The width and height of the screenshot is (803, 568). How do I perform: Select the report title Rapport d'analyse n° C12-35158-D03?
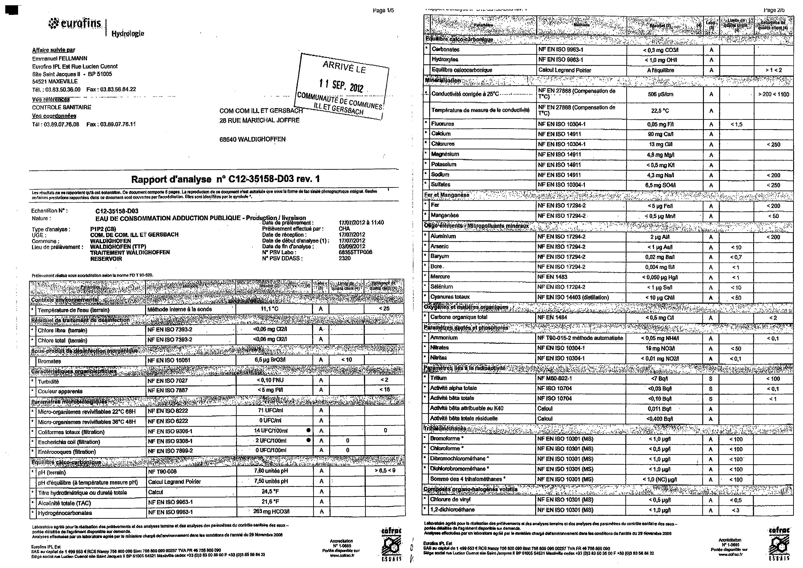pyautogui.click(x=225, y=179)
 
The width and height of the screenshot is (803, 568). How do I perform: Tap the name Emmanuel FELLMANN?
pyautogui.click(x=60, y=58)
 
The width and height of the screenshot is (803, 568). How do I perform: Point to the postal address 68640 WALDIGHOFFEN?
pyautogui.click(x=252, y=139)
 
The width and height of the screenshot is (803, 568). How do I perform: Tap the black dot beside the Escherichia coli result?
pyautogui.click(x=308, y=440)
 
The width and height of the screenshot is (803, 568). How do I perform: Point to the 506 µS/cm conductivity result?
pyautogui.click(x=660, y=94)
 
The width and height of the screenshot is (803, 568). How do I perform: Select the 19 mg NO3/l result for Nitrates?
pyautogui.click(x=660, y=348)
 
